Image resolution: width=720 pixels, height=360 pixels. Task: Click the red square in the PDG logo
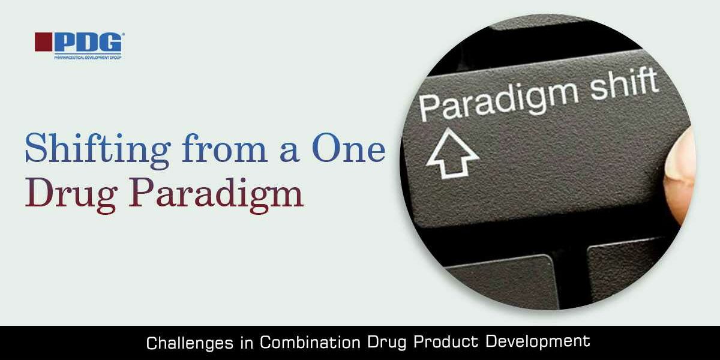(43, 41)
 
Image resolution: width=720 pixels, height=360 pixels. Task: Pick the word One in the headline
(348, 149)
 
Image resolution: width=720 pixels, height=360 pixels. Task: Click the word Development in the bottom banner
(538, 343)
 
